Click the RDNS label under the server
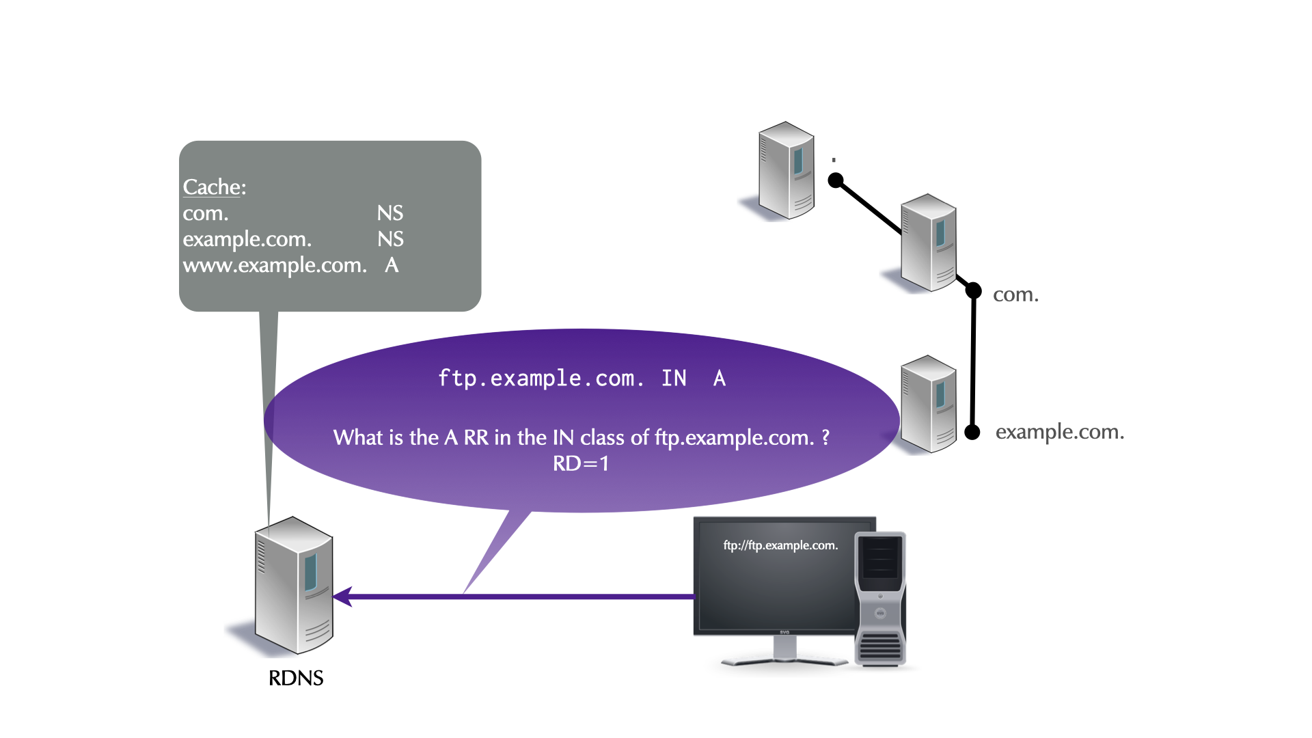[x=295, y=678]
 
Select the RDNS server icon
[x=295, y=585]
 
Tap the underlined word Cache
[x=213, y=187]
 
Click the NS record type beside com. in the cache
[x=390, y=213]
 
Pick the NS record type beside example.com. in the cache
[x=390, y=239]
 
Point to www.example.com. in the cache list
[x=275, y=265]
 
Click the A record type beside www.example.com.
[x=392, y=265]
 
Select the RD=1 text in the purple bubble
[x=581, y=463]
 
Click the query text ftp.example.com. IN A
[x=582, y=378]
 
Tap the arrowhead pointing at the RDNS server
[x=342, y=597]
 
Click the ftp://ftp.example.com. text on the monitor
[x=780, y=545]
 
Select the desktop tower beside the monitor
[x=880, y=599]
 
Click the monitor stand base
[x=784, y=660]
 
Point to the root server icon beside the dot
[x=787, y=170]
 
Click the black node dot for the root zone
[x=836, y=180]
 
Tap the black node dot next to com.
[x=974, y=290]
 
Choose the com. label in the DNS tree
[x=1015, y=295]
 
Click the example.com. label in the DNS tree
[x=1059, y=432]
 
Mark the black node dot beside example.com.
[x=972, y=432]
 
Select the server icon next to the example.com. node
[x=929, y=404]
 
